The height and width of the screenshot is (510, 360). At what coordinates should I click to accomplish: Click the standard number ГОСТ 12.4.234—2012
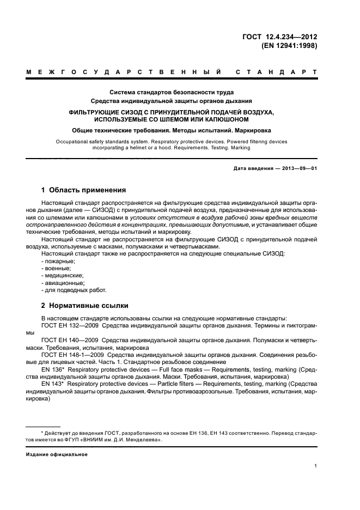279,37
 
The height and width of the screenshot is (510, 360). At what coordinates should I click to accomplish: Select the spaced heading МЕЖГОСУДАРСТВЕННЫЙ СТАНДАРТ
172,72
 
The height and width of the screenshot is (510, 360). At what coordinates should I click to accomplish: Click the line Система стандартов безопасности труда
172,92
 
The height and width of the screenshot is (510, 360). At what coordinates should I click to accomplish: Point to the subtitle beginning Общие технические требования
172,130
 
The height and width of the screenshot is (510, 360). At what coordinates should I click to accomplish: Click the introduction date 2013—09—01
300,168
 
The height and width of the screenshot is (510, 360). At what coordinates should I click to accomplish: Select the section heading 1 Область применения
84,190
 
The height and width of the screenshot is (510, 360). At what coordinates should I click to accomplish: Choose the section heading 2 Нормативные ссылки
85,306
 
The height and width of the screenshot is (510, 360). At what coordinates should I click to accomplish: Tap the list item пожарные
59,262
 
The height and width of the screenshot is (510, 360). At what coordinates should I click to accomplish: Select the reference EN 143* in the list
53,383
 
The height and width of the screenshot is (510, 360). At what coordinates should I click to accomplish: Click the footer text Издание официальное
57,454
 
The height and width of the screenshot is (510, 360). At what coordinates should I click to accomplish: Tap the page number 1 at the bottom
316,466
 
